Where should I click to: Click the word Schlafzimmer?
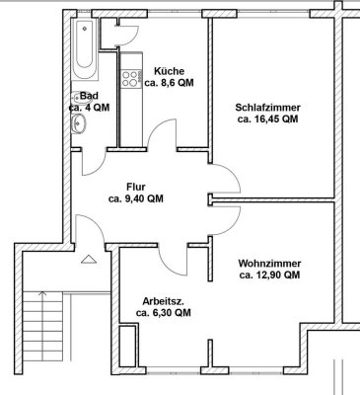click(x=267, y=108)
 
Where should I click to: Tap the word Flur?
click(x=136, y=186)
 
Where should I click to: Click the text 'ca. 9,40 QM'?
click(x=136, y=198)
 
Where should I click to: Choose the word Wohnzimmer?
click(x=268, y=264)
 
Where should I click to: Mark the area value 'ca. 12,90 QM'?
click(x=268, y=276)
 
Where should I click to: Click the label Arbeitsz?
click(x=164, y=299)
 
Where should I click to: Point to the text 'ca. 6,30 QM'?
click(x=164, y=313)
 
